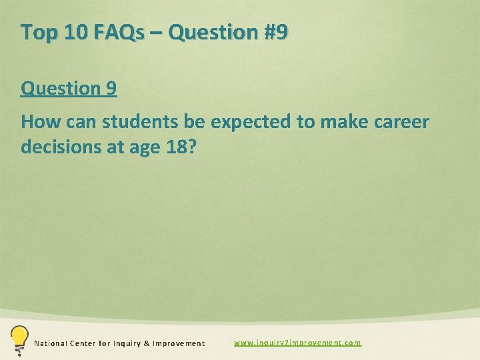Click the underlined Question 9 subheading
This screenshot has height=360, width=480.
click(69, 88)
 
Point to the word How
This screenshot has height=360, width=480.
click(39, 122)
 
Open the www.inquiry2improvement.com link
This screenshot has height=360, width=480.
click(297, 343)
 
